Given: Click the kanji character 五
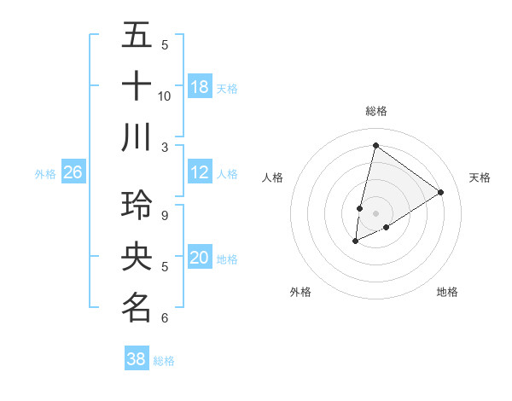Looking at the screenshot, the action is click(137, 35).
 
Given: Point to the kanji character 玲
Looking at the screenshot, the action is click(137, 206).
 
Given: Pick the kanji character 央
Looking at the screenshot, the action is click(137, 257).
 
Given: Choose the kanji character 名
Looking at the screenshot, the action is click(137, 307).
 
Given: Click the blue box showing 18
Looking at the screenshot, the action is click(200, 86).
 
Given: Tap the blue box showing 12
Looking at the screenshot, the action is click(200, 172).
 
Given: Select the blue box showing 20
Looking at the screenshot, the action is click(200, 258).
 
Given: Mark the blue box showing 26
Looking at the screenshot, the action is click(73, 172).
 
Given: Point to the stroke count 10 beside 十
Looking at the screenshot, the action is click(165, 96).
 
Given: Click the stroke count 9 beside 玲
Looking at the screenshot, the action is click(165, 216).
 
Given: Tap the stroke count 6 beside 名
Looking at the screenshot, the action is click(165, 318).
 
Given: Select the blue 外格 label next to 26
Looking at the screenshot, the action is click(45, 173).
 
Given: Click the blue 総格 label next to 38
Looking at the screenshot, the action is click(164, 360).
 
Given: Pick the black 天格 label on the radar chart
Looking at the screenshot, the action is click(480, 177).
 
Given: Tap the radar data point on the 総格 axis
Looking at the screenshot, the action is click(375, 145).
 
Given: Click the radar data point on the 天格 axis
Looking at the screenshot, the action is click(441, 192).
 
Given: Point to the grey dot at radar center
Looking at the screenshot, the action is click(375, 212).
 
